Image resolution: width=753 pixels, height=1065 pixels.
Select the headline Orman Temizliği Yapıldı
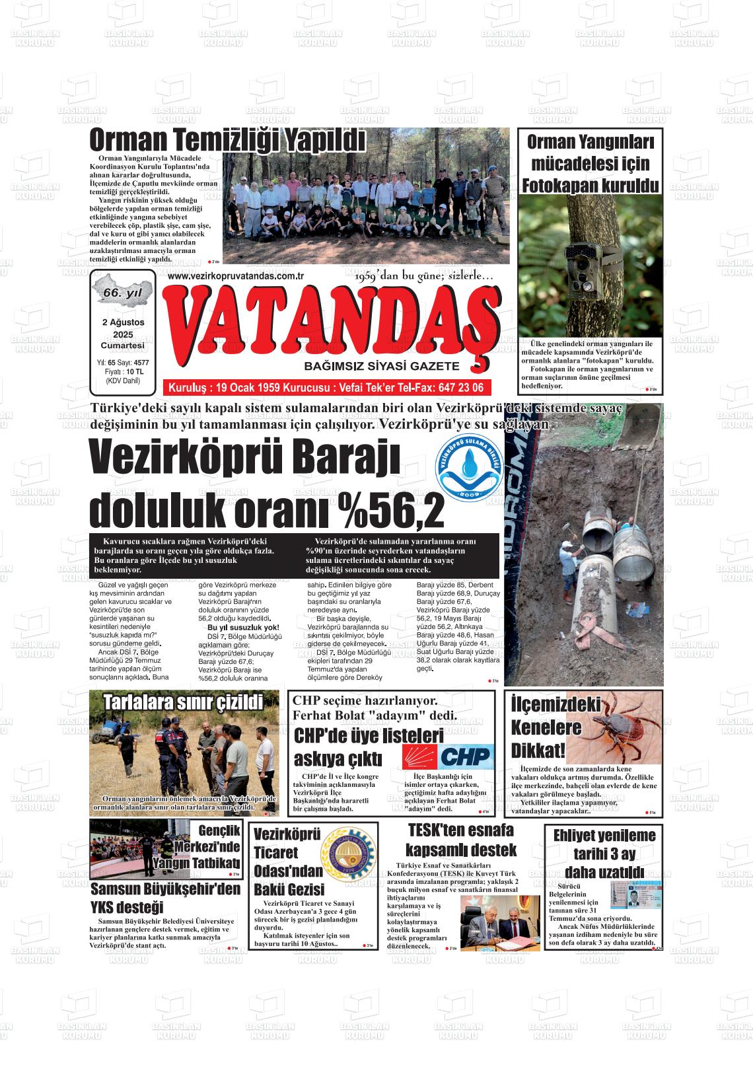[227, 141]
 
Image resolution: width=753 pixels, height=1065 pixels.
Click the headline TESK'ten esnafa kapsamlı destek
[460, 840]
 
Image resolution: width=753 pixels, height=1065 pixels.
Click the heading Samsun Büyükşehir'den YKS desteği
[165, 898]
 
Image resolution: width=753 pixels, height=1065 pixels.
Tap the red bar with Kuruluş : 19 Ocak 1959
[326, 387]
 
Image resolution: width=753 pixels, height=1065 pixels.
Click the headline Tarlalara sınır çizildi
[183, 702]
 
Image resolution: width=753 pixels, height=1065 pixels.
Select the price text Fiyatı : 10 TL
[122, 372]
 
